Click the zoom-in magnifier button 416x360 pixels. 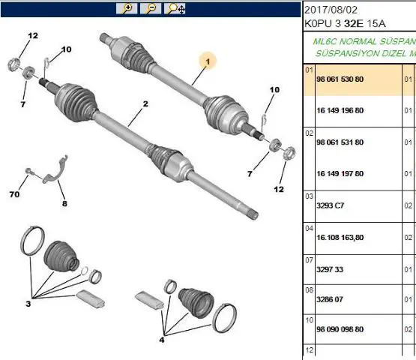[x=127, y=8]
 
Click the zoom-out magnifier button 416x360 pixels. [x=151, y=8]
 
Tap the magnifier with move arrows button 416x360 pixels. [x=175, y=8]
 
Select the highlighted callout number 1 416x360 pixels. [x=208, y=61]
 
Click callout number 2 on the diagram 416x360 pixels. [x=145, y=103]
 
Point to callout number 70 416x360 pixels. [x=14, y=194]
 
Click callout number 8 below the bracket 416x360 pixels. [x=64, y=204]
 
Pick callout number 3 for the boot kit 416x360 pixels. [x=28, y=304]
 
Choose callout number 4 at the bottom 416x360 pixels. [x=162, y=340]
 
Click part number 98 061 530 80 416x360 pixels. [x=340, y=79]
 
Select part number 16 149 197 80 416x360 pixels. [x=340, y=174]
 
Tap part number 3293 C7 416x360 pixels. [x=330, y=205]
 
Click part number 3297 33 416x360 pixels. [x=330, y=269]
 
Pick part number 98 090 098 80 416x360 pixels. [x=340, y=329]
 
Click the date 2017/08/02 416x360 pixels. [x=331, y=10]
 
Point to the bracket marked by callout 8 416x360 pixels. [x=56, y=170]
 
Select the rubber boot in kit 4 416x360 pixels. [x=196, y=303]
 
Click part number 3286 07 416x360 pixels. [x=330, y=299]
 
